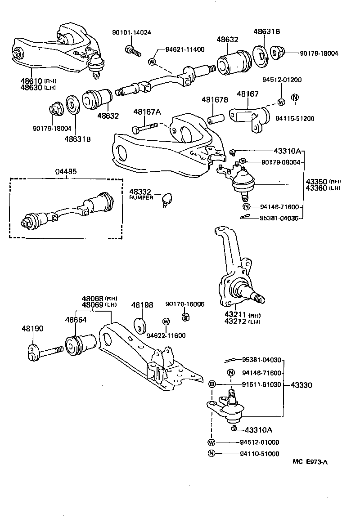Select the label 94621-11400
pos(185,49)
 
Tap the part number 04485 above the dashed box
pos(66,171)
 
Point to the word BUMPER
pos(141,197)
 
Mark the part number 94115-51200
pos(295,119)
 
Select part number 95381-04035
pos(279,218)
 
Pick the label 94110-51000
pos(259,454)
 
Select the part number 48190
pos(32,329)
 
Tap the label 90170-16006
pos(184,304)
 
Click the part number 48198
pos(142,305)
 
